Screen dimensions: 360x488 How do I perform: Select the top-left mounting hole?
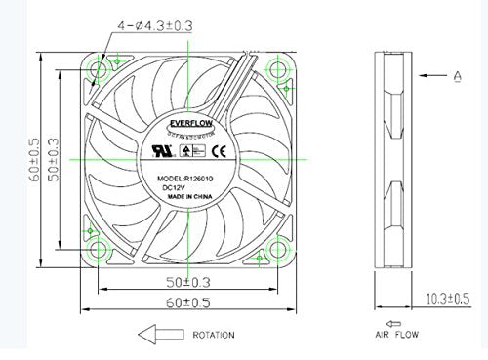point(96,69)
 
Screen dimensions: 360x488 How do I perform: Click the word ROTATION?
point(213,335)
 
